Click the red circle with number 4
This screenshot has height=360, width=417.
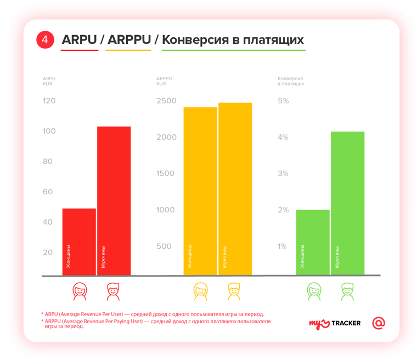46,40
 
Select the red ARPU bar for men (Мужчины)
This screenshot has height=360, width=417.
114,200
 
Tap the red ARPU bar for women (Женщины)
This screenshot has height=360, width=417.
79,241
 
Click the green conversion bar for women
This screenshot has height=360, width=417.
313,241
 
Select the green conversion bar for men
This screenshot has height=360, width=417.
348,203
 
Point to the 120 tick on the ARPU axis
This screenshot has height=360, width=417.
49,101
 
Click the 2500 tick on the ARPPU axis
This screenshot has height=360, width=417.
166,101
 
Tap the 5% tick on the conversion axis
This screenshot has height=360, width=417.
283,101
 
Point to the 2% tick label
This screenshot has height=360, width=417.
283,210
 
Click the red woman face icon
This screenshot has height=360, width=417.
80,291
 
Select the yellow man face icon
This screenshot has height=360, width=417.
235,291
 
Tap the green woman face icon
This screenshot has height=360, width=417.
313,291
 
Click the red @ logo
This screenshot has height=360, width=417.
378,323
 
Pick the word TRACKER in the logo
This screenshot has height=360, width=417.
345,323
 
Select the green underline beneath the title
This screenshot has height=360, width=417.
233,50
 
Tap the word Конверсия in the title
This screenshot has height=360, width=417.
193,40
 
